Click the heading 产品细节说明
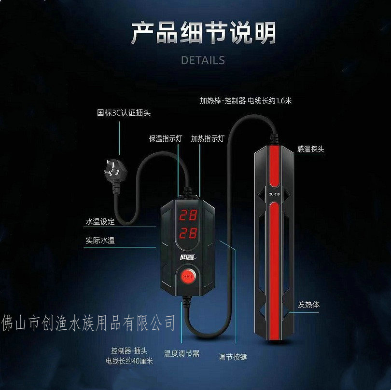pos(203,33)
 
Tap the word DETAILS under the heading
pos(203,60)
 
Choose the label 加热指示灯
pos(208,138)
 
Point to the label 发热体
pos(308,305)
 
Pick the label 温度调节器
pos(182,353)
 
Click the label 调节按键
pos(233,357)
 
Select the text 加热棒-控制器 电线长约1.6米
pos(247,101)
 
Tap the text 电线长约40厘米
pos(129,360)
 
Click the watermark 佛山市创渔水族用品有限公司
pos(89,322)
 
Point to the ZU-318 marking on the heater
pos(273,195)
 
